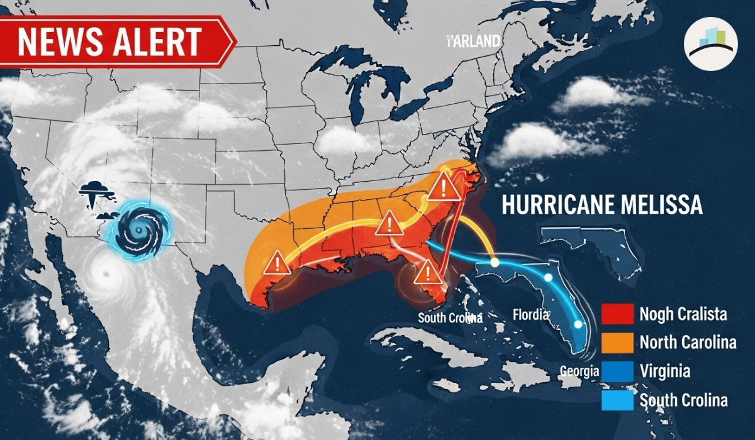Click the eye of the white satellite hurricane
pyautogui.click(x=104, y=273)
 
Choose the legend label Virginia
pyautogui.click(x=664, y=371)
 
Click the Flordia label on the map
pyautogui.click(x=531, y=314)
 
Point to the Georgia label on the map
pyautogui.click(x=579, y=371)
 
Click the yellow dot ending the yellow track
pyautogui.click(x=495, y=262)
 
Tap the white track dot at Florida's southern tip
pyautogui.click(x=577, y=325)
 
